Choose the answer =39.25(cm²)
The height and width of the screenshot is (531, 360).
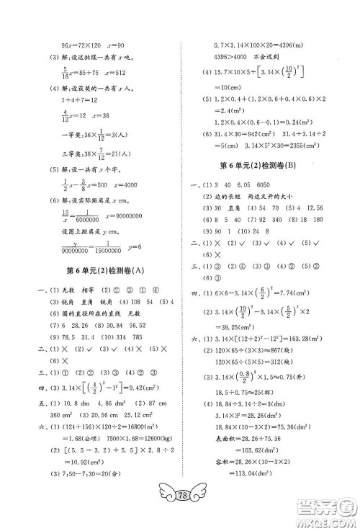coord(246,347)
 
